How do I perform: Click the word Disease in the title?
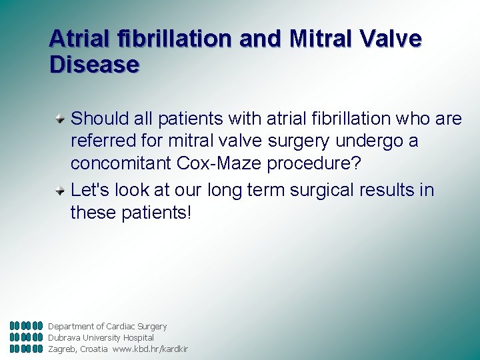tap(94, 65)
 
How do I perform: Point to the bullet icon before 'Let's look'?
tap(61, 191)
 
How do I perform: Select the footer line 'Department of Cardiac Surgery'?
tap(107, 327)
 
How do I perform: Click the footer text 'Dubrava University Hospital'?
tap(101, 338)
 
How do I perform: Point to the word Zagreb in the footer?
tap(63, 349)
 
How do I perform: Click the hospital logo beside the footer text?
tap(26, 337)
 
